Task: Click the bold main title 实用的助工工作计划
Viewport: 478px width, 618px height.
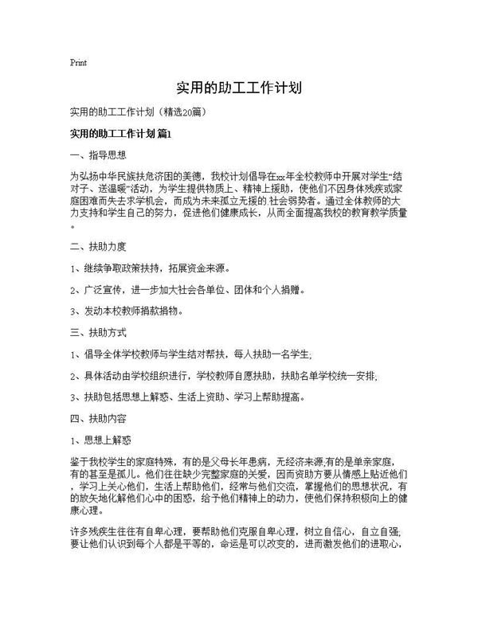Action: pyautogui.click(x=238, y=87)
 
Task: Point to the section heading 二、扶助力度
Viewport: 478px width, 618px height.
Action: pyautogui.click(x=100, y=246)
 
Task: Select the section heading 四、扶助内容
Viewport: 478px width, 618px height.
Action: pyautogui.click(x=100, y=417)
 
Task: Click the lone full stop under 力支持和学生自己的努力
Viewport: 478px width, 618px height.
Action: pyautogui.click(x=72, y=226)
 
